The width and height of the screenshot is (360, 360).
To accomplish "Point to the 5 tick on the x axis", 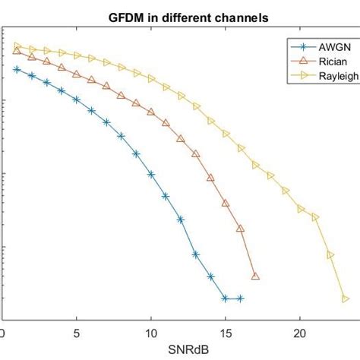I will pyautogui.click(x=77, y=333).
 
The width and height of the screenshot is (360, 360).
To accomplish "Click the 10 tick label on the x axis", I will pyautogui.click(x=151, y=333).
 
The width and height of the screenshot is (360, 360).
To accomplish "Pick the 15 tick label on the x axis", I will pyautogui.click(x=226, y=333).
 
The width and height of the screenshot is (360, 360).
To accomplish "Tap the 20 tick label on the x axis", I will pyautogui.click(x=300, y=333).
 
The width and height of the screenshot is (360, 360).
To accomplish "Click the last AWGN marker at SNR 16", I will pyautogui.click(x=241, y=298).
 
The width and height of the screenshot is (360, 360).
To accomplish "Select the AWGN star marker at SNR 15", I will pyautogui.click(x=226, y=298).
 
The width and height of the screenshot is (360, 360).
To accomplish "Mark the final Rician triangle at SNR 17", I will pyautogui.click(x=255, y=276).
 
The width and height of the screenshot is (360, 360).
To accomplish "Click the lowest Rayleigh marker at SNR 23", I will pyautogui.click(x=345, y=298).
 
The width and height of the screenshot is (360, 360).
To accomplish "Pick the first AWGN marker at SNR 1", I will pyautogui.click(x=17, y=69).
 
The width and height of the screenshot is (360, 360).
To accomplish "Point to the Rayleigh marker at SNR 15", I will pyautogui.click(x=226, y=134).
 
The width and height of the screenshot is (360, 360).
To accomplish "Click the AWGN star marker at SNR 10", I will pyautogui.click(x=151, y=174).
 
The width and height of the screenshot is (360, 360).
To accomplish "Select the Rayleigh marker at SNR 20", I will pyautogui.click(x=300, y=208).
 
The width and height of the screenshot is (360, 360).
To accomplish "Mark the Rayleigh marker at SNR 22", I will pyautogui.click(x=330, y=254).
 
